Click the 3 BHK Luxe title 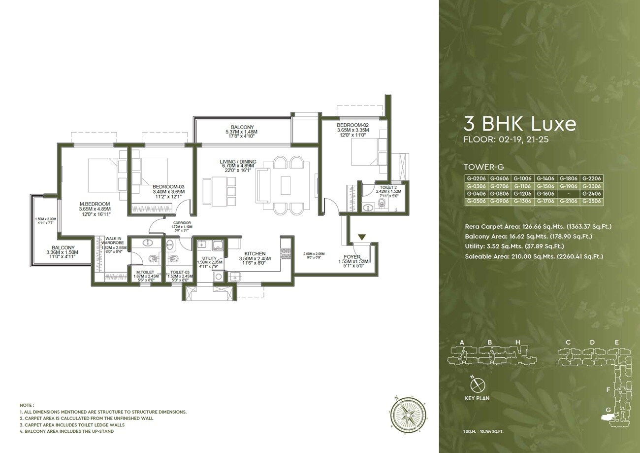click(520, 124)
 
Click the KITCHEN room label click(255, 253)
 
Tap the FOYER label click(352, 257)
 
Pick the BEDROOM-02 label click(352, 126)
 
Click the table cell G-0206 click(476, 179)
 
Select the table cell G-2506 click(591, 202)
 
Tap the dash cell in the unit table click(568, 194)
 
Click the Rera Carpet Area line click(538, 227)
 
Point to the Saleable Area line click(534, 256)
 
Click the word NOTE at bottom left click(27, 405)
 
